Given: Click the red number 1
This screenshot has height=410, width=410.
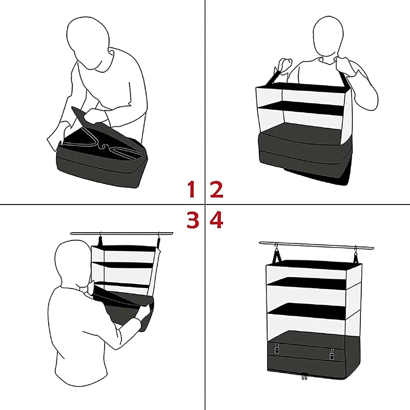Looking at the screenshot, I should (x=192, y=189).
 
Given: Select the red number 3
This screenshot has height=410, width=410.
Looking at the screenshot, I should (x=192, y=220).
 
